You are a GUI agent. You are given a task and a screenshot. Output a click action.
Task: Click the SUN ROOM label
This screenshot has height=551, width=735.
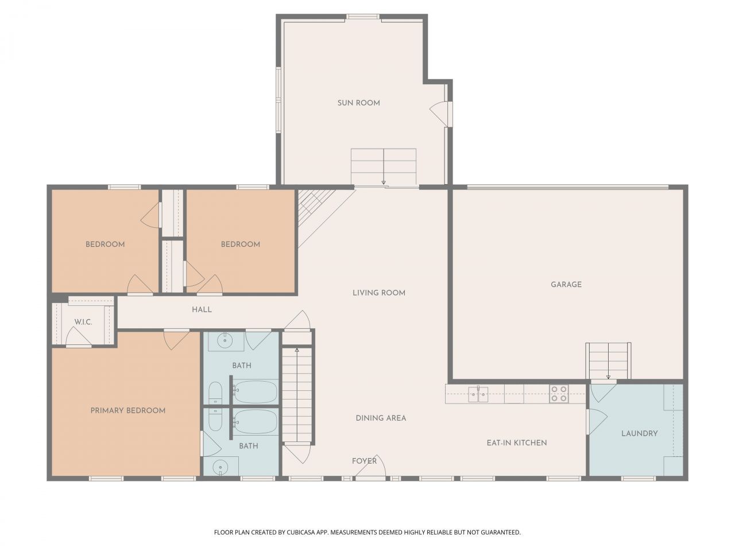(x=359, y=103)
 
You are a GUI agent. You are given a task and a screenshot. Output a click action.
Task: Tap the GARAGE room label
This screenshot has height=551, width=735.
(x=566, y=285)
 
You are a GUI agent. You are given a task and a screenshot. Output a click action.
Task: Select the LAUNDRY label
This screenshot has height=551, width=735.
(x=640, y=433)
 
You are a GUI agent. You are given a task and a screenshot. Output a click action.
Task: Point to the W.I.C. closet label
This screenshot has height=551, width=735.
(x=83, y=322)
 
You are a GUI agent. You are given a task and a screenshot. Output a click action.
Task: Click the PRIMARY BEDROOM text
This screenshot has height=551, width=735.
(x=128, y=410)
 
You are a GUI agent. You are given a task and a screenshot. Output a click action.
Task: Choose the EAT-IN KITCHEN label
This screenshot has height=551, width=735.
(x=517, y=443)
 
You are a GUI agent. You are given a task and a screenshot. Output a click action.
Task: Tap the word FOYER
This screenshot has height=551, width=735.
(x=364, y=461)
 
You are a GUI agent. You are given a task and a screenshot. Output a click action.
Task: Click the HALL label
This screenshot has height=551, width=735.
(x=202, y=310)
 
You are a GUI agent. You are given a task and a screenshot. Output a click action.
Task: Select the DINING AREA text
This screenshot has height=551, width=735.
(x=381, y=418)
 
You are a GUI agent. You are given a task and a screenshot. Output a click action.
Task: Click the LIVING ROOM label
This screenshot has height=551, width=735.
(x=379, y=293)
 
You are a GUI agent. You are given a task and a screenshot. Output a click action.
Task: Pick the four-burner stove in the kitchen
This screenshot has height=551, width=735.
(x=559, y=394)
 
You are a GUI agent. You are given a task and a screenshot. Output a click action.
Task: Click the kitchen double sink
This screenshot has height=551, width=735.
(x=478, y=395)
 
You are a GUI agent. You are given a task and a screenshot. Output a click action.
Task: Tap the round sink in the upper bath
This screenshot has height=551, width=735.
(x=225, y=342)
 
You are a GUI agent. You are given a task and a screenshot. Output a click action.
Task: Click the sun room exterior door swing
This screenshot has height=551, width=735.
(x=438, y=114)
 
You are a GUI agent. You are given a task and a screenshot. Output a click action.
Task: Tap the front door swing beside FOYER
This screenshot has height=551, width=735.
(x=370, y=465)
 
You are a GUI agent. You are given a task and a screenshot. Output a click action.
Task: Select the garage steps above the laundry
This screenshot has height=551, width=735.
(x=608, y=360)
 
